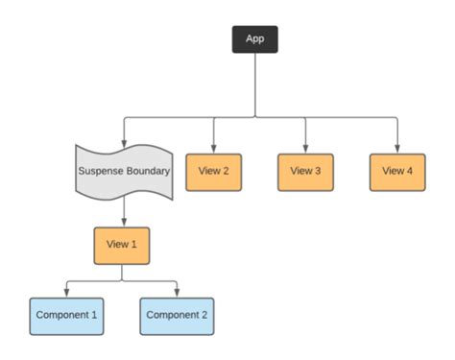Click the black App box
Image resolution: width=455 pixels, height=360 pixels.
(x=254, y=39)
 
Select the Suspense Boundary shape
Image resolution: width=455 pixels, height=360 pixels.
(x=124, y=173)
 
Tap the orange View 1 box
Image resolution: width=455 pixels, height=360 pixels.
(x=122, y=244)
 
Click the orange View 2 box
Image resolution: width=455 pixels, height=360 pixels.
(x=213, y=172)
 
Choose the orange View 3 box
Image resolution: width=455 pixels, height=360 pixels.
(x=305, y=172)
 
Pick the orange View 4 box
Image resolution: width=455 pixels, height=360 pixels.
(x=397, y=172)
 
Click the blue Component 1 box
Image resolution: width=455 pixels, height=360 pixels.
(x=66, y=315)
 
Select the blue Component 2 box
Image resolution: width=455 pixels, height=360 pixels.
(x=178, y=315)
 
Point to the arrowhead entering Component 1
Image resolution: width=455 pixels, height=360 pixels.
(x=66, y=291)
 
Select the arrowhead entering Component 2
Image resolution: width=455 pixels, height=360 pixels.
(x=178, y=291)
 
